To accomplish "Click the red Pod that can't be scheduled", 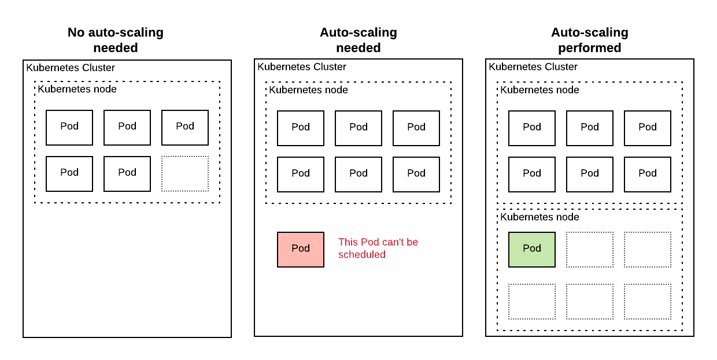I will [301, 249].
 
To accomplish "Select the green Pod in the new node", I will [532, 249].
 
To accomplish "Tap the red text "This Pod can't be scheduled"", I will [378, 248].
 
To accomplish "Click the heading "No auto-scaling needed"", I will [116, 40].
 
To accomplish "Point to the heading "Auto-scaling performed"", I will [589, 40].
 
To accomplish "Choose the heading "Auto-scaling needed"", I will [358, 40].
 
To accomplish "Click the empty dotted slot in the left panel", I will [185, 173].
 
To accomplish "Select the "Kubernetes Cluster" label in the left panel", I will [71, 68].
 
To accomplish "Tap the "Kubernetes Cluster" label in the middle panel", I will [302, 66].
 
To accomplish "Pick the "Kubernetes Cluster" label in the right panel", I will [533, 66].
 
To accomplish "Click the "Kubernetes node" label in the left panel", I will [77, 89].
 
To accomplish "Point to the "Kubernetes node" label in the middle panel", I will [308, 90].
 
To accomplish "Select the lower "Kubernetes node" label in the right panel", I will [539, 217].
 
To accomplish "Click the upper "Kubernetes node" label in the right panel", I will [539, 90].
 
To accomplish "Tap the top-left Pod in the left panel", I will [69, 127].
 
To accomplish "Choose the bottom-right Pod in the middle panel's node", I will [416, 174].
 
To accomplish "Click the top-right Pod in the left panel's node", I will [185, 127].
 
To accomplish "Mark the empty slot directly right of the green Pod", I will [590, 249].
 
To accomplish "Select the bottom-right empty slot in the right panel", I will [648, 301].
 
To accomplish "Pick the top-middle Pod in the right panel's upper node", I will [590, 128].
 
